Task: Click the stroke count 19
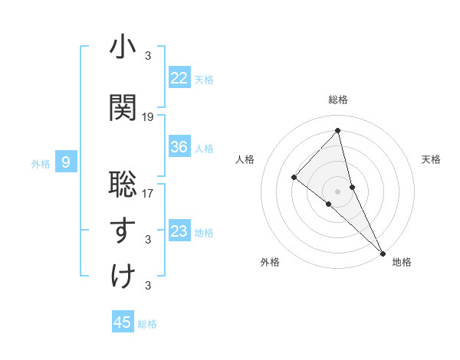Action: [148, 116]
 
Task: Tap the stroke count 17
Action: [148, 193]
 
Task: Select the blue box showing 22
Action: [179, 77]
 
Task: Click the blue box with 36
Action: [179, 147]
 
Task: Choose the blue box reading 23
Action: [179, 231]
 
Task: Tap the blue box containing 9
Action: [67, 162]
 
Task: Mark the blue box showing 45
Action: [123, 322]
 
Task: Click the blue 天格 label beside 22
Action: [204, 79]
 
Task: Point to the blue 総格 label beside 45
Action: [147, 324]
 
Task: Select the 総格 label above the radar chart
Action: [338, 100]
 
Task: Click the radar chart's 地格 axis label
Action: [402, 262]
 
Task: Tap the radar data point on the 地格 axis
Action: [382, 252]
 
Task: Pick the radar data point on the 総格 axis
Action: [338, 130]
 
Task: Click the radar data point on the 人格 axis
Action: [294, 177]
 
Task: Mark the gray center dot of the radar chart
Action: [338, 191]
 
